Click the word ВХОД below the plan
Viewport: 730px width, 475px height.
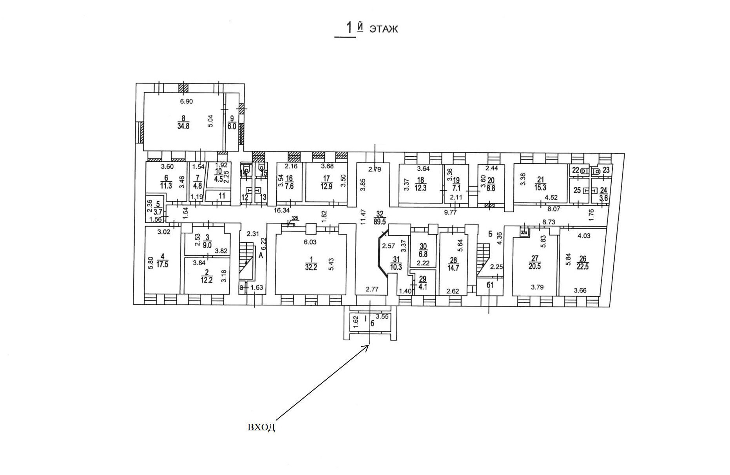(261, 427)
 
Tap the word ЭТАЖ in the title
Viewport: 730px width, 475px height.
(383, 29)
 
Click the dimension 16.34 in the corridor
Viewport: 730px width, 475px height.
(281, 210)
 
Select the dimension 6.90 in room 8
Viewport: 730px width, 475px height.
(187, 101)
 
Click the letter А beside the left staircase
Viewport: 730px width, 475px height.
(260, 255)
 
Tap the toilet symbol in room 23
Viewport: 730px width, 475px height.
(597, 171)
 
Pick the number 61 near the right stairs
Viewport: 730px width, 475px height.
(490, 285)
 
